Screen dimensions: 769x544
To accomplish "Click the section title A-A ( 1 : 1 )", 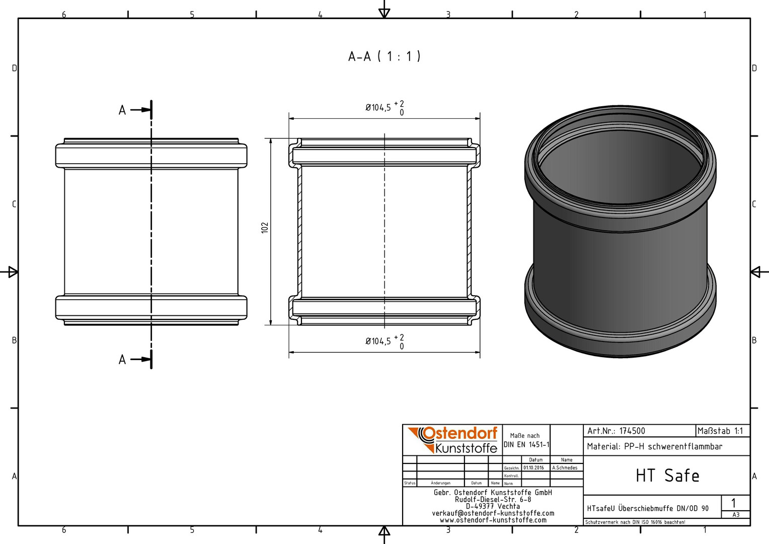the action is point(384,56).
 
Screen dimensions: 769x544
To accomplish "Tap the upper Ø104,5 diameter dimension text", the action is point(378,108).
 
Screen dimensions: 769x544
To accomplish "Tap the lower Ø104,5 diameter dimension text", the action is point(378,341).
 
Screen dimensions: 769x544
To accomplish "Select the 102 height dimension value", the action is point(265,228).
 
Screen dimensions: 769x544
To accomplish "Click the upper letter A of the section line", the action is point(122,110).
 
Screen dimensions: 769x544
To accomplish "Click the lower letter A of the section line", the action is point(122,360).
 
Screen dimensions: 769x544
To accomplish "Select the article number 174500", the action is point(632,431).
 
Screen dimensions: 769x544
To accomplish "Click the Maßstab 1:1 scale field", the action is point(720,431).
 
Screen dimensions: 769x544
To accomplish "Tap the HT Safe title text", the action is point(667,475).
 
